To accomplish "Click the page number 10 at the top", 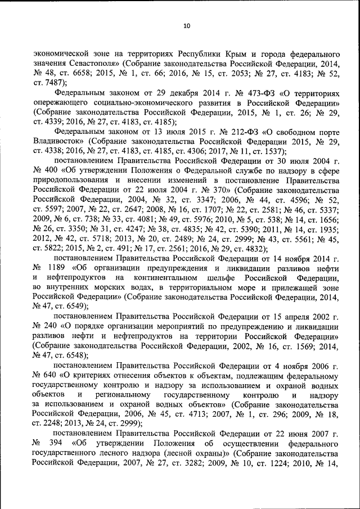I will point(180,25).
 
